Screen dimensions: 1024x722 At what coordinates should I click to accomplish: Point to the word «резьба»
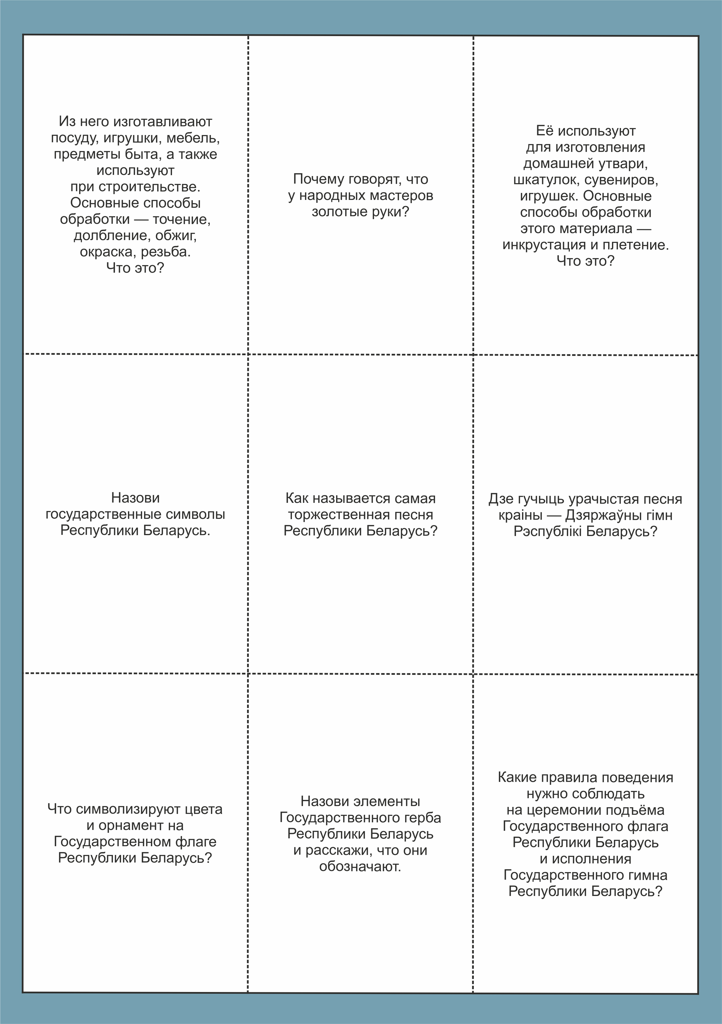tap(166, 252)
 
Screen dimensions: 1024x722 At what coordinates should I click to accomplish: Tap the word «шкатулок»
tap(547, 180)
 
